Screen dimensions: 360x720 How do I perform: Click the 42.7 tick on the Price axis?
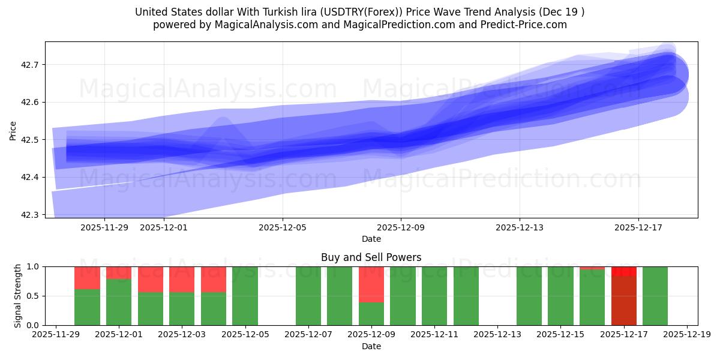tap(30, 65)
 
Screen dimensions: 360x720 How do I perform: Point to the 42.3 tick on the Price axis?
tap(30, 215)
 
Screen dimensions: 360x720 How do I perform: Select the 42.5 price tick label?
tap(30, 140)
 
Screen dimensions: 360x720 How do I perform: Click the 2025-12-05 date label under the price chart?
tap(283, 228)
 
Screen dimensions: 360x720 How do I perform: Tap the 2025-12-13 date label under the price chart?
tap(520, 228)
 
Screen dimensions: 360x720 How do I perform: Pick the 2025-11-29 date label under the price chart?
tap(104, 228)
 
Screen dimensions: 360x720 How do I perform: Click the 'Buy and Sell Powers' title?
tap(371, 257)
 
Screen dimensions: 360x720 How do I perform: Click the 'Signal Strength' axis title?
tap(18, 296)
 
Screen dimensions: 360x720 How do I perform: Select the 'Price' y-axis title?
tap(13, 130)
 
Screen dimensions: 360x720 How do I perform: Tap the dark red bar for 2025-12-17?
tap(624, 300)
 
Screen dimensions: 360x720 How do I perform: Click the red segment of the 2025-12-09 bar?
tap(371, 284)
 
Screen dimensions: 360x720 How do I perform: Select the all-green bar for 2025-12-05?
tap(245, 296)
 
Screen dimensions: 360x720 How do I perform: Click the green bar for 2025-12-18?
tap(655, 296)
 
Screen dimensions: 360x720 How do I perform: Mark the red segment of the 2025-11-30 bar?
tap(87, 277)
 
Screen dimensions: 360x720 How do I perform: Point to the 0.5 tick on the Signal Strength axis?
tap(35, 296)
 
